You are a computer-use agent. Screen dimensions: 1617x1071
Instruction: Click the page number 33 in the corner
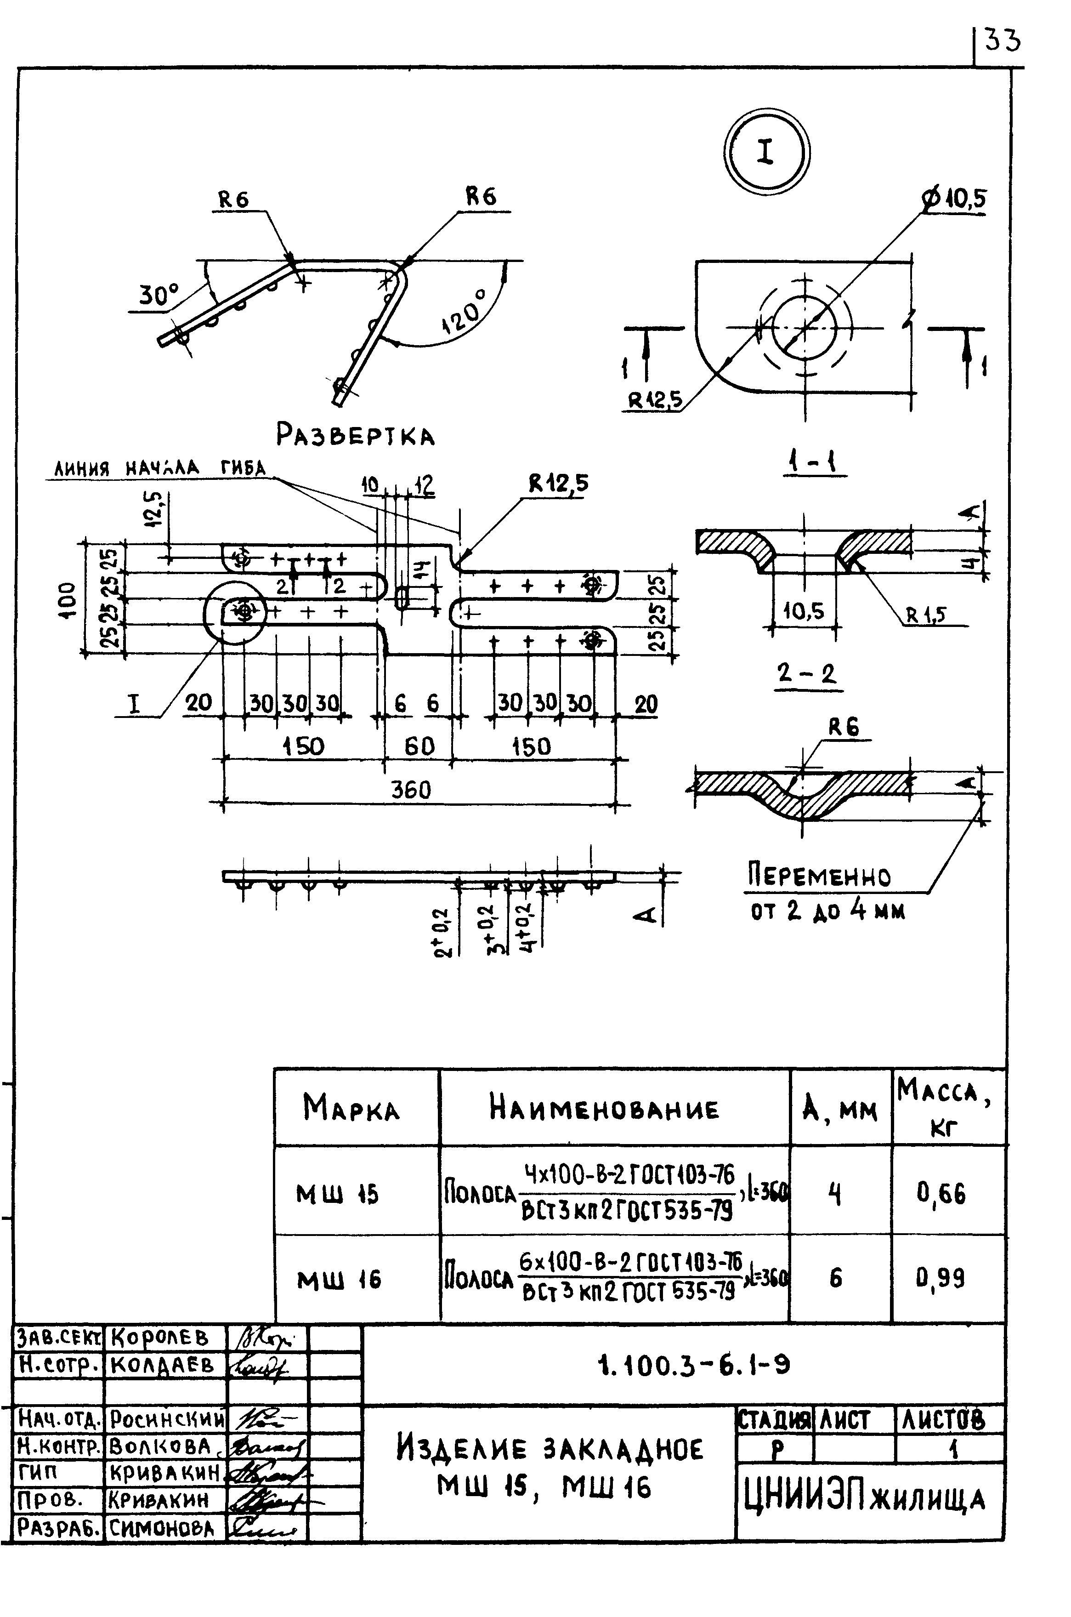[1002, 41]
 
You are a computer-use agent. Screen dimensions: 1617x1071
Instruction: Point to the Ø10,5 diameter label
[955, 199]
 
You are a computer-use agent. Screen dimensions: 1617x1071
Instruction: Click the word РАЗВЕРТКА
[355, 434]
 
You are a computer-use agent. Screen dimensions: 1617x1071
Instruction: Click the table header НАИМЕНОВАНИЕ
[604, 1109]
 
